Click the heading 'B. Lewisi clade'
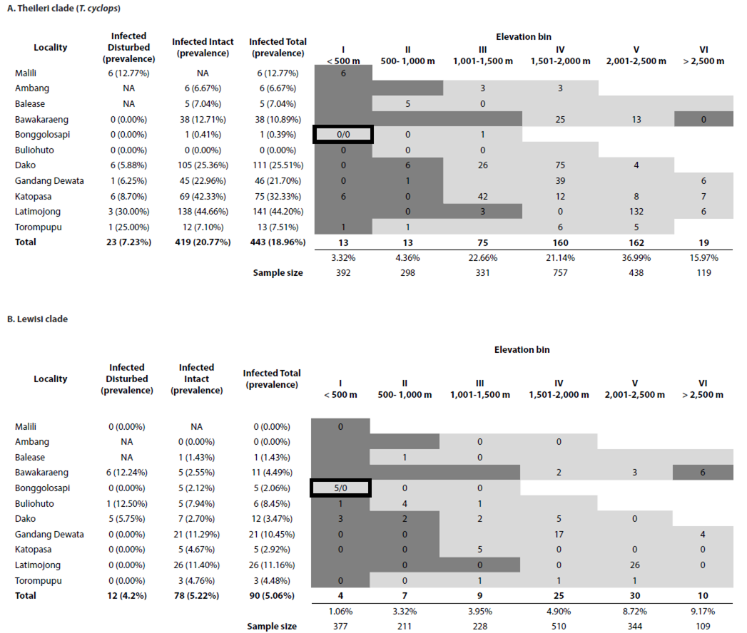[x=37, y=319]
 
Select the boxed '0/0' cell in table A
[x=342, y=134]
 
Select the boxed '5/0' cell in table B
[x=341, y=488]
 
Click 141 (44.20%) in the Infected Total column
[x=277, y=211]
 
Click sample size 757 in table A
[x=560, y=272]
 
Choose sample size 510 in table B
[x=560, y=627]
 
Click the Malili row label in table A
[x=27, y=73]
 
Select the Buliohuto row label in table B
[x=34, y=503]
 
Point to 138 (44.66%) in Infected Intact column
[x=203, y=211]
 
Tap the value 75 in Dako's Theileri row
[x=560, y=165]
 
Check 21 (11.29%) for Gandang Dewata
[x=203, y=535]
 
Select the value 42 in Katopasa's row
[x=482, y=196]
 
